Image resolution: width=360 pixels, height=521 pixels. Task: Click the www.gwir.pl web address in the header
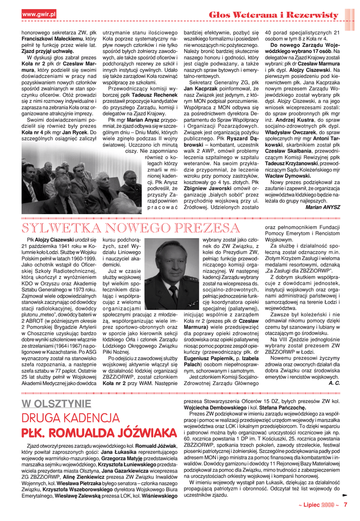point(39,14)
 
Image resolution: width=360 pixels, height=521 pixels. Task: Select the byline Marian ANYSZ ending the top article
point(324,207)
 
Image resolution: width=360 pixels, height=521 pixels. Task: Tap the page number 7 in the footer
point(345,506)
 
